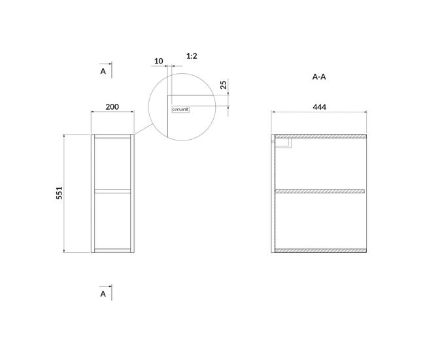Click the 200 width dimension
[112, 106]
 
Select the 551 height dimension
[59, 193]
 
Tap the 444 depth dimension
[320, 107]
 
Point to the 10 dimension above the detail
[159, 61]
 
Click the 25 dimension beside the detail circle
[223, 85]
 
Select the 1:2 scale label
[192, 56]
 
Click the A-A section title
[319, 77]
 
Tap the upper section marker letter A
[103, 71]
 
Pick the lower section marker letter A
[103, 294]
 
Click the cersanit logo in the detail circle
[180, 109]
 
